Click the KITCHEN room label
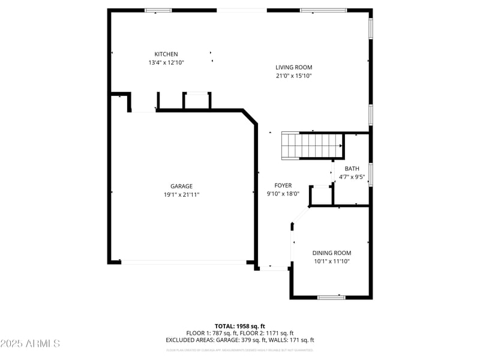tap(166, 54)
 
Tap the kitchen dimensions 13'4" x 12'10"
tap(166, 62)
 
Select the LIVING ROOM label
tap(293, 67)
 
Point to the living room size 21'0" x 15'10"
tap(293, 76)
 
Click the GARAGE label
tap(181, 186)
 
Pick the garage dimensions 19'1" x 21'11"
tap(181, 194)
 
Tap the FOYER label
tap(283, 185)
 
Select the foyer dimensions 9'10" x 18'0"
tap(283, 194)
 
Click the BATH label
tap(352, 169)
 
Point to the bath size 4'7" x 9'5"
tap(352, 177)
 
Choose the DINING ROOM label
tap(331, 253)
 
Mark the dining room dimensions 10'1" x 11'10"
tap(331, 261)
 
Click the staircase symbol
tap(312, 146)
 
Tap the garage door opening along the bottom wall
tap(184, 262)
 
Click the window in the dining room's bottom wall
tap(331, 297)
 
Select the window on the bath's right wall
tap(371, 174)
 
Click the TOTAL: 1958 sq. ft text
tap(239, 326)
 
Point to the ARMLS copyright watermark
tap(30, 344)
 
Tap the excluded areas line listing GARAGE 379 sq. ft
tap(239, 340)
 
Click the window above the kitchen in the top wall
tap(158, 10)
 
